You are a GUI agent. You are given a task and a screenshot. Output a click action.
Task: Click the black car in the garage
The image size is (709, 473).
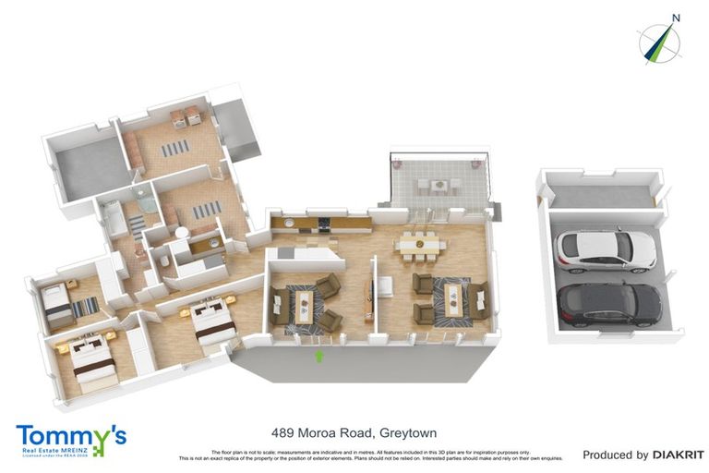coord(608,302)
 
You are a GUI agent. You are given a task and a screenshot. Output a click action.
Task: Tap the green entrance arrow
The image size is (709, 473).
coord(320,355)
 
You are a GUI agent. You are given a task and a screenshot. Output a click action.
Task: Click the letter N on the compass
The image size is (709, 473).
coord(676,17)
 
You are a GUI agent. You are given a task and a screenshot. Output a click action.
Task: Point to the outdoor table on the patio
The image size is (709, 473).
coord(433,185)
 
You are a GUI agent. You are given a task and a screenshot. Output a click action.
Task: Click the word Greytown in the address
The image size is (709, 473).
coord(406,432)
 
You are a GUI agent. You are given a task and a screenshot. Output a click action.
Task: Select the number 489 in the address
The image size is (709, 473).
coord(283,432)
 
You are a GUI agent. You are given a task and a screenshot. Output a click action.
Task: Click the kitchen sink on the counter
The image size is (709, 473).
coord(290,223)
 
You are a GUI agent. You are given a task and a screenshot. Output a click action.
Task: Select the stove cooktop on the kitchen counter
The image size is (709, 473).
coord(324,222)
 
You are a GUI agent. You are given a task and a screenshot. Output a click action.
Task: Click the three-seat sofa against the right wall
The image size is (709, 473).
coord(479,300)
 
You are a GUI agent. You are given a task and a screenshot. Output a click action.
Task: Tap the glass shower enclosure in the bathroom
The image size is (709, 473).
coord(142,199)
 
